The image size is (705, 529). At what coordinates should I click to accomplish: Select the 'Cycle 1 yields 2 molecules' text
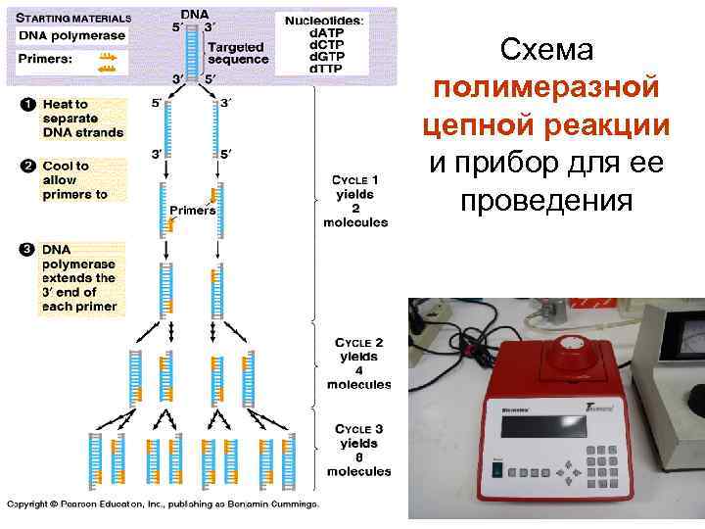355,201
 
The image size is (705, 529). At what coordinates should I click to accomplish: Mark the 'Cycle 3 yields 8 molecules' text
358,451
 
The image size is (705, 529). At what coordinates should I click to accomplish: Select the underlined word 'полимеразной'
546,88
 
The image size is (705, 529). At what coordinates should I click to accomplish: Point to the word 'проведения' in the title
546,201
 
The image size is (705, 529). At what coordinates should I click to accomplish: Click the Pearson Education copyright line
163,505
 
